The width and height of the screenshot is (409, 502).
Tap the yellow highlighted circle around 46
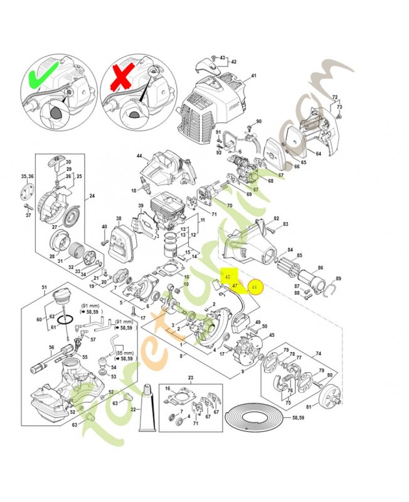click(254, 287)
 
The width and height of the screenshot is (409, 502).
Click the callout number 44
click(139, 155)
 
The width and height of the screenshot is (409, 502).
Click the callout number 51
click(44, 288)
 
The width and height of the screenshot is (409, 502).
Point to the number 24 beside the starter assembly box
click(92, 196)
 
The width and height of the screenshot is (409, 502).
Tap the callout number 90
click(258, 121)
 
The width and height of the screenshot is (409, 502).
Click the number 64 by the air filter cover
click(318, 152)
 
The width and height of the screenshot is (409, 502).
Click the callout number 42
click(233, 61)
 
